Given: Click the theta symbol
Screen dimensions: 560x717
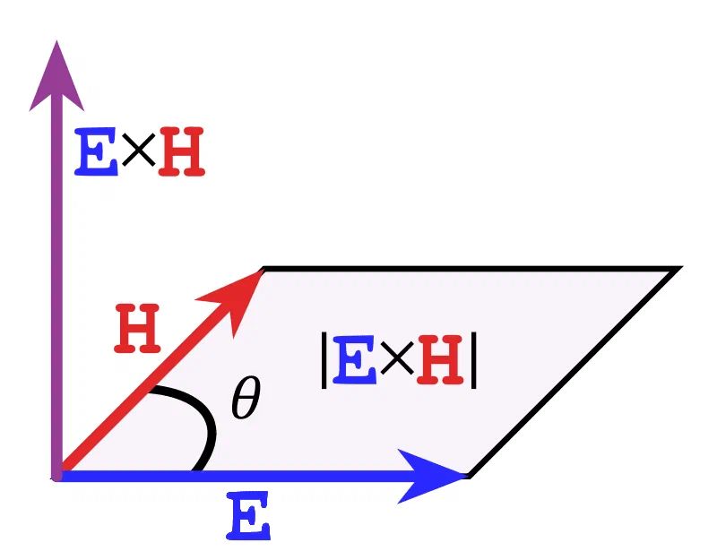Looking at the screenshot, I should [245, 401].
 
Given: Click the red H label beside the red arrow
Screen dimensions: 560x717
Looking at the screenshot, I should [137, 330].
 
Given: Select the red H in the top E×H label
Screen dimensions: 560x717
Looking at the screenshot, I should [182, 152].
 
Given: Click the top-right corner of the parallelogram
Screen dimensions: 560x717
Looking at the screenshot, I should [676, 269].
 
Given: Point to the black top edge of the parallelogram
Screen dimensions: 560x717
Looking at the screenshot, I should [466, 268].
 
